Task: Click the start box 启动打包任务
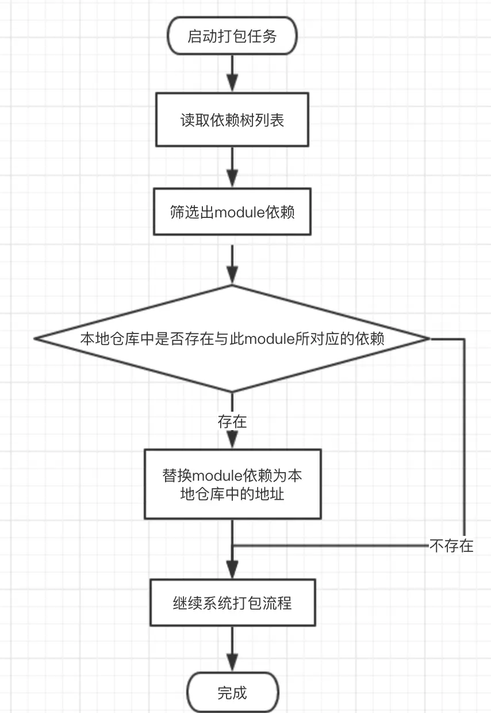click(x=232, y=36)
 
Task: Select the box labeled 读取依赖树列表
click(x=232, y=120)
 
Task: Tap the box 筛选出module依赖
click(x=232, y=212)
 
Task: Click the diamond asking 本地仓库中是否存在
click(x=232, y=339)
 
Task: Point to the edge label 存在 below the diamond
click(x=232, y=422)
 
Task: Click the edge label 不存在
click(x=451, y=546)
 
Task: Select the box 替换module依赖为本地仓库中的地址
click(x=233, y=484)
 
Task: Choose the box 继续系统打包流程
click(x=233, y=603)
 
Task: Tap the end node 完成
click(x=232, y=693)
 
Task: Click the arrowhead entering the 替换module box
click(x=232, y=440)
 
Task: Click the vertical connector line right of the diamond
click(x=465, y=438)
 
